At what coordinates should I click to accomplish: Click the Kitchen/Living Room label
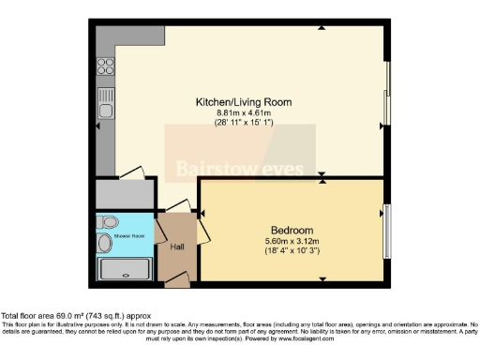pos(244,101)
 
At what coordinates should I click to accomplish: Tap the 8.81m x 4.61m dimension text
pos(244,112)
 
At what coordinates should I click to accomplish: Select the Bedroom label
pos(292,231)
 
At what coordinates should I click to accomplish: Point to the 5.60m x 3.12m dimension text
pos(292,242)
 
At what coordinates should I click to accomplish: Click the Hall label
pos(178,247)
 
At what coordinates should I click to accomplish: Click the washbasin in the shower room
pos(104,244)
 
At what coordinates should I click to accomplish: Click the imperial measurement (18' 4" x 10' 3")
pos(292,252)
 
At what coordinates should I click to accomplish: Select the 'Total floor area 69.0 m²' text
pos(75,317)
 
